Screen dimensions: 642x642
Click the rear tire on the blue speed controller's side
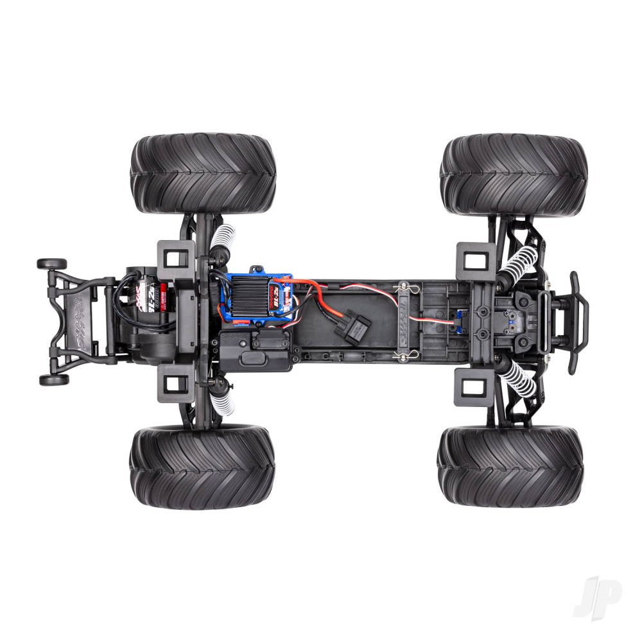pyautogui.click(x=203, y=174)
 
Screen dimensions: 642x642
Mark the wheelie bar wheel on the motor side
pyautogui.click(x=52, y=264)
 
